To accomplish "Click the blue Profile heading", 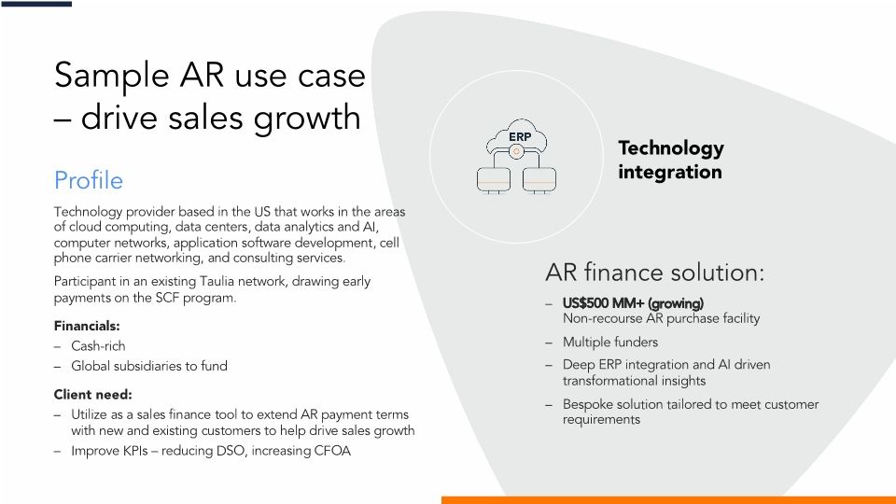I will (x=89, y=179).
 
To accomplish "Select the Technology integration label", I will (x=670, y=160).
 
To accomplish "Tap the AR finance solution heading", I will (x=654, y=273).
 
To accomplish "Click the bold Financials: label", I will (x=87, y=326).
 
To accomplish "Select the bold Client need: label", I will (x=92, y=394).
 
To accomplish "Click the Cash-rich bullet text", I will (x=98, y=346).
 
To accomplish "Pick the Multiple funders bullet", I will (x=609, y=342).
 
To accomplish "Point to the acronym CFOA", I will (x=330, y=452).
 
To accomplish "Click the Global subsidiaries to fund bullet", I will (x=149, y=366).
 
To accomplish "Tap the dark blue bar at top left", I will (x=35, y=4).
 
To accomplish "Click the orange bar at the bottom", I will (x=667, y=499).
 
